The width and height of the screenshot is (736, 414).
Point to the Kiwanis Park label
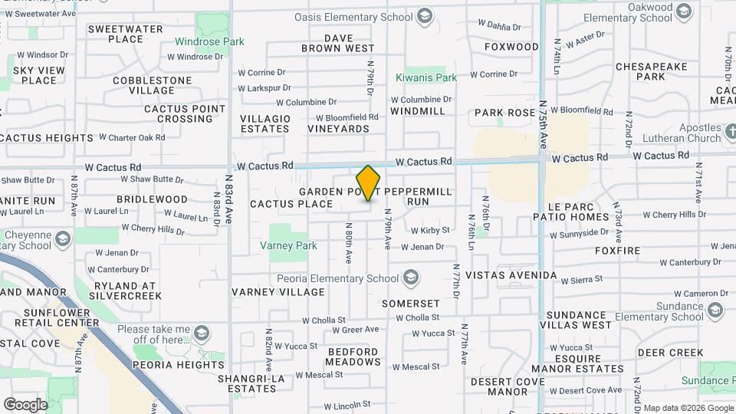(x=426, y=77)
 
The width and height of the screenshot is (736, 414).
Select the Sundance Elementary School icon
(x=716, y=310)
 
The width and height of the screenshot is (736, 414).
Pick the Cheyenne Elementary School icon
(x=63, y=235)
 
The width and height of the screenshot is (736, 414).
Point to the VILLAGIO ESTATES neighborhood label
(x=265, y=123)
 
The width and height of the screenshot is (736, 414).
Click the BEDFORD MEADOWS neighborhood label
(x=353, y=356)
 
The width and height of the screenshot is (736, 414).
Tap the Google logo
(x=25, y=404)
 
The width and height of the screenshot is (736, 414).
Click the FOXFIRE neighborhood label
(x=616, y=250)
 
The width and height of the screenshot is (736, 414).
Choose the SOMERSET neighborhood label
(x=411, y=304)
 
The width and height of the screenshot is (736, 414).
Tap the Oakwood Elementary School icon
(x=685, y=11)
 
